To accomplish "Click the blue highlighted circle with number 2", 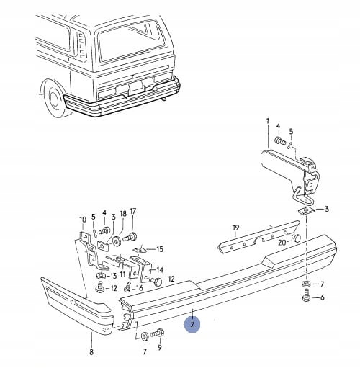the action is coord(192,324).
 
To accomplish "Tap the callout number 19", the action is coord(235,227).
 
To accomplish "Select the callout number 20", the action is coord(282,243).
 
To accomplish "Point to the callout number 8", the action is coord(91,352).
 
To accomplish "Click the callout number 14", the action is coord(160,270).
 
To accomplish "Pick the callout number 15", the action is coord(160,249).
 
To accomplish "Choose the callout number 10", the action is coord(83,220).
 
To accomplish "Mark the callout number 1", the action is coord(268,122).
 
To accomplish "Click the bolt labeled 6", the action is coord(307,295).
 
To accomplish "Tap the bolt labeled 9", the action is coord(157,333).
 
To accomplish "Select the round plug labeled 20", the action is coord(297,238).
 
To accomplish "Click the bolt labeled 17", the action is coord(130,237).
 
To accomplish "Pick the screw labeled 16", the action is coord(128,287).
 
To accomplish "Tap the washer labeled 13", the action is coord(101,276).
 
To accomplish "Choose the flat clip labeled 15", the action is coord(140,249).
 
